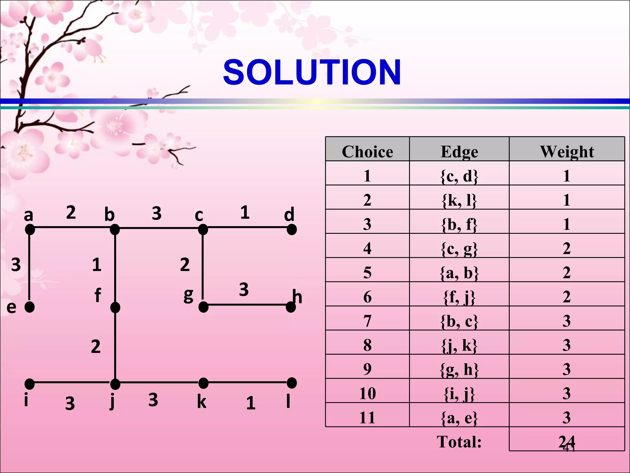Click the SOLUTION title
[x=312, y=73]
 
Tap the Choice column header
[x=367, y=152]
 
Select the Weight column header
[x=567, y=152]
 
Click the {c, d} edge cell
[x=459, y=176]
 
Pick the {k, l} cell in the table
[x=459, y=200]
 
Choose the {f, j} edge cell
[x=459, y=297]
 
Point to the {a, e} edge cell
[x=459, y=418]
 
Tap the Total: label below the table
[x=459, y=442]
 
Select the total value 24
[x=566, y=442]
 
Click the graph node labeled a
[x=30, y=229]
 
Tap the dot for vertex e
[x=30, y=307]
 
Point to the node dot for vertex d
[x=292, y=229]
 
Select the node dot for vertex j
[x=115, y=384]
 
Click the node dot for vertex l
[x=292, y=383]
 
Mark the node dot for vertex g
[x=203, y=307]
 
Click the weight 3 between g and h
[x=244, y=289]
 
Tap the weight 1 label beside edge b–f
[x=97, y=265]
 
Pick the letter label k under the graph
[x=201, y=402]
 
